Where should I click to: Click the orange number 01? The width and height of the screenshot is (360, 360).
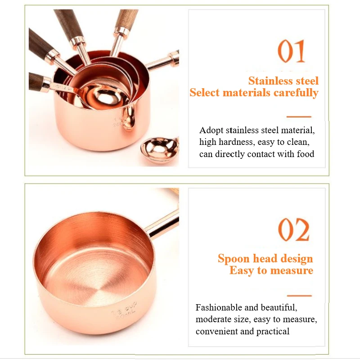click(292, 52)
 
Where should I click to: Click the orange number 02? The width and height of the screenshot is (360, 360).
click(294, 230)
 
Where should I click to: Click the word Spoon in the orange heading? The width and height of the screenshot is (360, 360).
click(233, 259)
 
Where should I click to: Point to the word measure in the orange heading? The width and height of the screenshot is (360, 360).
click(291, 270)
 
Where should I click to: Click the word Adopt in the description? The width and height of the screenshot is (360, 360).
click(211, 130)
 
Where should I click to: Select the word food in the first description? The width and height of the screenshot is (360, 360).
click(305, 154)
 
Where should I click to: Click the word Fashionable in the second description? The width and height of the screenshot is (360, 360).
click(219, 308)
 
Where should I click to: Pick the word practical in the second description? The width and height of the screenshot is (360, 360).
click(273, 331)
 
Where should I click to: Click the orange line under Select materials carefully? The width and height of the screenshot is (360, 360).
click(298, 117)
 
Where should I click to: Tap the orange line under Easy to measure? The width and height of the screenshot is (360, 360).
click(299, 296)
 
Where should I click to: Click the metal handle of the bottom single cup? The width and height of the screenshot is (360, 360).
click(163, 224)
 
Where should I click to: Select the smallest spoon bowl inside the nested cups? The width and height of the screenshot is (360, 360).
click(99, 95)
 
